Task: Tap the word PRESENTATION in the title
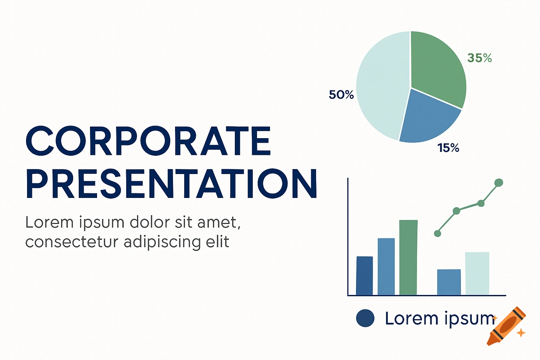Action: (172, 184)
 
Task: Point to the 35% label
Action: (480, 58)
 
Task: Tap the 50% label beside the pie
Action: (341, 95)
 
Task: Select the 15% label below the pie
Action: (448, 148)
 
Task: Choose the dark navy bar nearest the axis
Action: (364, 276)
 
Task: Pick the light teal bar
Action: (477, 273)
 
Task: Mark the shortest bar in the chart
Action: (449, 282)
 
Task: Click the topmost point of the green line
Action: (499, 182)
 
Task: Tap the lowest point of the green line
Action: (438, 233)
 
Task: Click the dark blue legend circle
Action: (365, 318)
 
